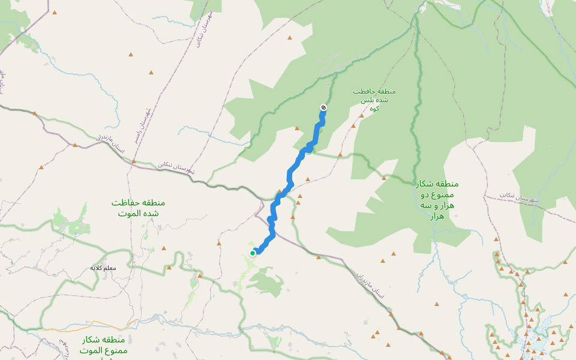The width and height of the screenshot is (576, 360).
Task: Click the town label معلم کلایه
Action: (x=103, y=268)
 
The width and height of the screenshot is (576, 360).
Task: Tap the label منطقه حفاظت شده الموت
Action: (x=138, y=208)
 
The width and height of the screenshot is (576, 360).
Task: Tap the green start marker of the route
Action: (x=253, y=253)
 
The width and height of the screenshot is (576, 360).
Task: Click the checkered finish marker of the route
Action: (x=323, y=108)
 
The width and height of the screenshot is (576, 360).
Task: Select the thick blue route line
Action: (x=291, y=174)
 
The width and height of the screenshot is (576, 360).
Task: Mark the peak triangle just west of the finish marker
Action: (x=296, y=128)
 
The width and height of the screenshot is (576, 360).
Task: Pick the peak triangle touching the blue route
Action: (x=278, y=193)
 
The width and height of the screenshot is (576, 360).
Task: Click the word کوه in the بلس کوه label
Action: (x=375, y=109)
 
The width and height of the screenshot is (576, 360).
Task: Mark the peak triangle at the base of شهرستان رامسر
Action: (x=134, y=161)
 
